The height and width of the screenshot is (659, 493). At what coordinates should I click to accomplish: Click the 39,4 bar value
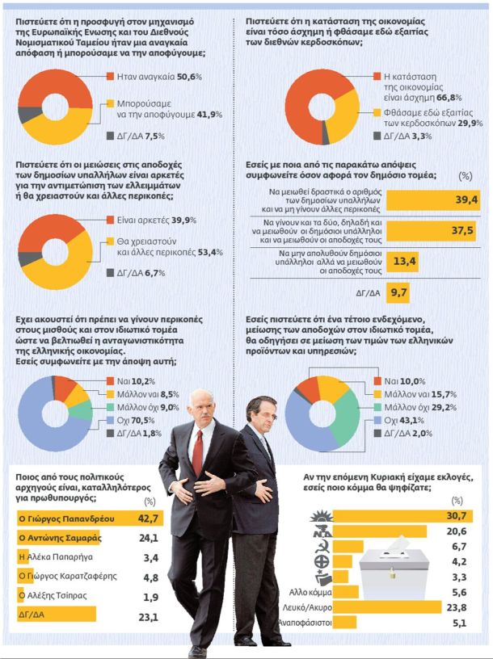click(x=467, y=199)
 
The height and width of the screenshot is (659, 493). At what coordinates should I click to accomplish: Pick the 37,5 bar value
click(x=466, y=229)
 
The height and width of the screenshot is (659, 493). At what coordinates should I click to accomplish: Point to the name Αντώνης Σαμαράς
click(x=60, y=537)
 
